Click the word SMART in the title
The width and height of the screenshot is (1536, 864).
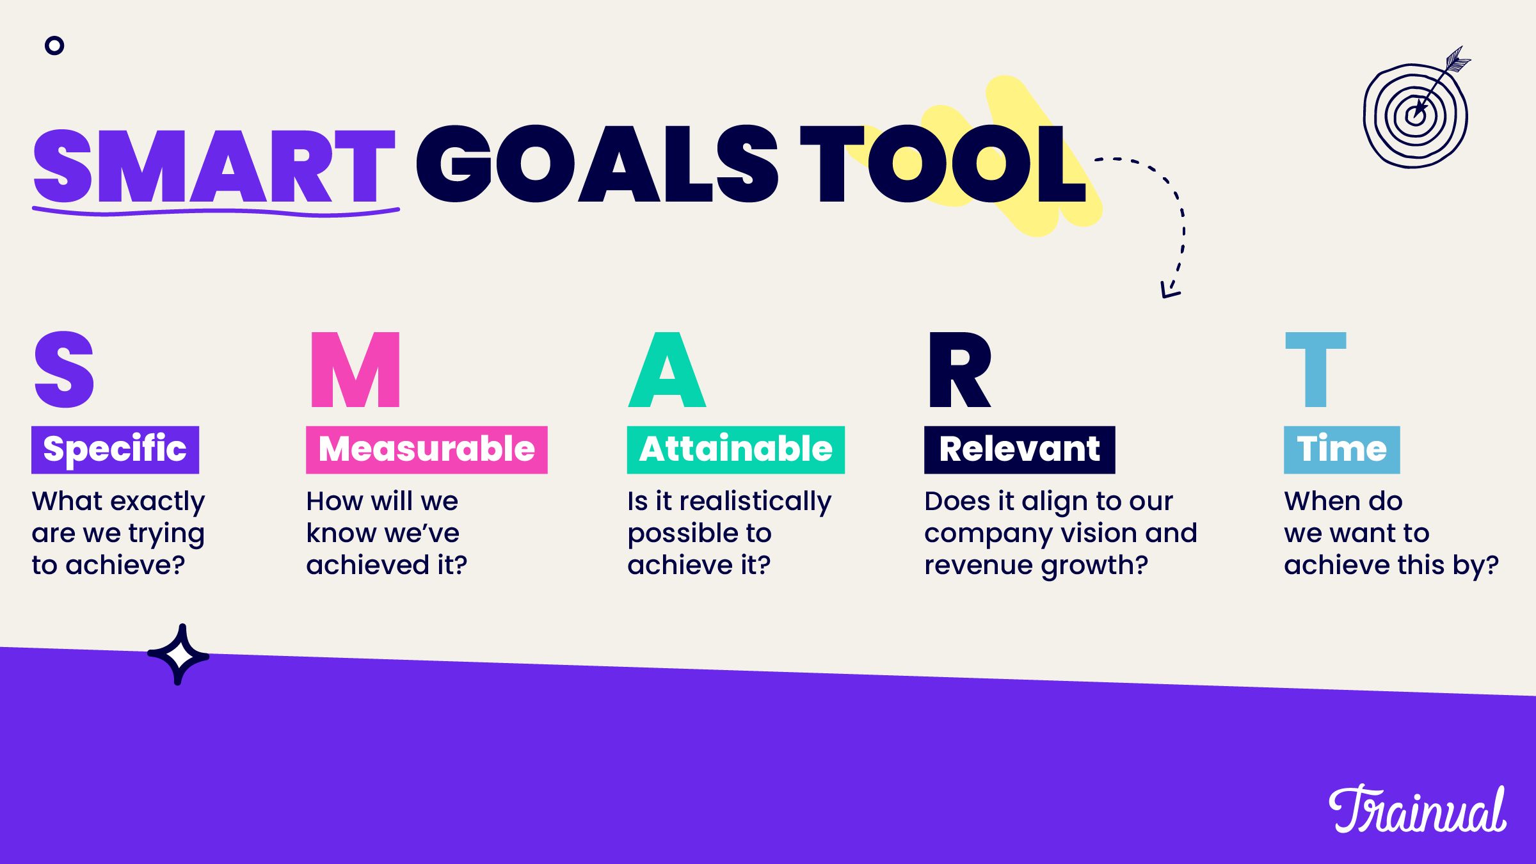point(214,166)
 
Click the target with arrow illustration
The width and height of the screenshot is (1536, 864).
point(1416,112)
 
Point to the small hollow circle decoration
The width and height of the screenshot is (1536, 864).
point(54,45)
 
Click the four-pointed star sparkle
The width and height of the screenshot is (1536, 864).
point(179,655)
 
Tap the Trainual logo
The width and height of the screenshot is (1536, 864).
point(1418,810)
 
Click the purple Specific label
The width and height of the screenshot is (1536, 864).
point(115,449)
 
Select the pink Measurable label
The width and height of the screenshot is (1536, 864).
point(427,449)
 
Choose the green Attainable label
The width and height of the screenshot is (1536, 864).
point(736,449)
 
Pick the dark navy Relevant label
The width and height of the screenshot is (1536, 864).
point(1020,449)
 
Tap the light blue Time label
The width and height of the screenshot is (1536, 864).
point(1342,449)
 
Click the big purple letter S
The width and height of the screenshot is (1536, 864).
point(64,370)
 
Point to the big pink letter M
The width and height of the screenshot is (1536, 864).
point(355,370)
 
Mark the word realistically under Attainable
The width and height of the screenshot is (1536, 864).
point(755,502)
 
